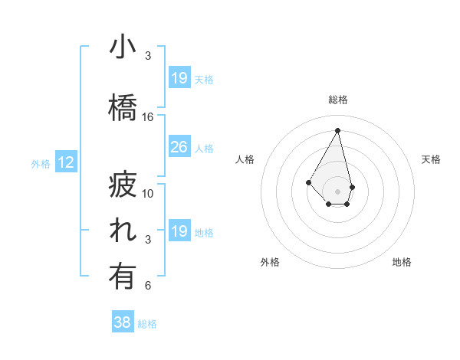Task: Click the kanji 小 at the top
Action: [122, 48]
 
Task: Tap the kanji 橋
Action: [122, 107]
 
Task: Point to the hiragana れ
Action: [122, 231]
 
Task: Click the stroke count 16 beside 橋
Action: [148, 117]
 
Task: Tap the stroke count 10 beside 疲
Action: [148, 194]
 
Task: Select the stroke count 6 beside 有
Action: [148, 286]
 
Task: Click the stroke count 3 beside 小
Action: [148, 56]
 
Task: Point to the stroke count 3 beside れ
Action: [148, 240]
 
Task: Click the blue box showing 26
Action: [179, 147]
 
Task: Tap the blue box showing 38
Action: [123, 323]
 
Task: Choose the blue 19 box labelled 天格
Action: [179, 78]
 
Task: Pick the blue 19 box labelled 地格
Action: [179, 231]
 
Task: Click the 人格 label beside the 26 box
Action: [204, 148]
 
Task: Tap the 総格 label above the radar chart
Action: [338, 100]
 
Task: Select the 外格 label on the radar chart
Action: [270, 262]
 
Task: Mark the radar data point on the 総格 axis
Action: [337, 129]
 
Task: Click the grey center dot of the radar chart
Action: [337, 190]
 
